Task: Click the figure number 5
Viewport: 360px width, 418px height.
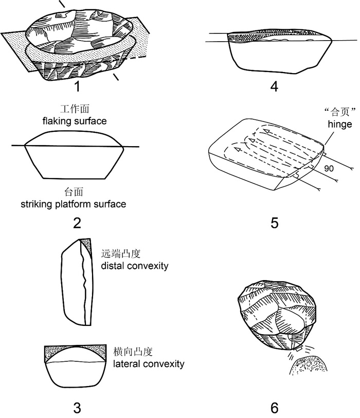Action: click(274, 222)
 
